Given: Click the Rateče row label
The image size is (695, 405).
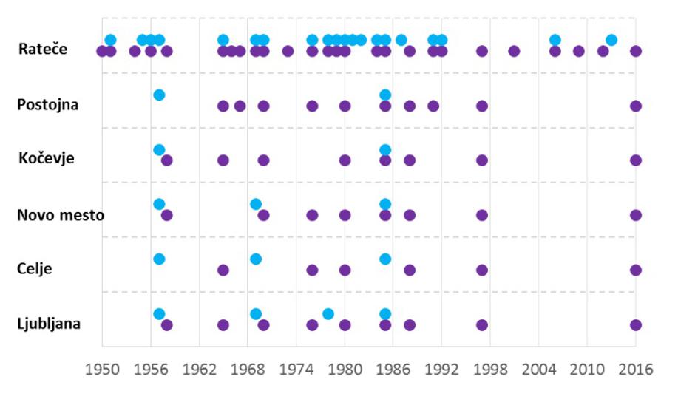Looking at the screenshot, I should pos(44,50).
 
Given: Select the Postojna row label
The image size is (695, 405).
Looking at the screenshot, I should pos(47,104).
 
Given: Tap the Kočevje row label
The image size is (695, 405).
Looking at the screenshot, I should pos(47,158).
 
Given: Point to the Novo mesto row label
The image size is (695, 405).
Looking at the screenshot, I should pos(61,215).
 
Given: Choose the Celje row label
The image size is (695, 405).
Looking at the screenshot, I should pos(34,268).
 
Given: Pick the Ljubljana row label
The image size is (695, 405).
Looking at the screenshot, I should pos(49,324).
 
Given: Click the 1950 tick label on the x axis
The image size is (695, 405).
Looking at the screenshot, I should pos(102,369).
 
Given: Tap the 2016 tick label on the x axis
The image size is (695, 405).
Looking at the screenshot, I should pos(636,369).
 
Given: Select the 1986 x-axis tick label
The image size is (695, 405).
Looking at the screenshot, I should pos(393,369).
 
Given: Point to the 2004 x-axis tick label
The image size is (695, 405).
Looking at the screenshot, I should pos(538,369).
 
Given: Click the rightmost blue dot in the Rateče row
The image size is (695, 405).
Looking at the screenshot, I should pos(611,40).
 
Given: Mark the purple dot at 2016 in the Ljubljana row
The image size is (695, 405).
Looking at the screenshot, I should pos(636,325).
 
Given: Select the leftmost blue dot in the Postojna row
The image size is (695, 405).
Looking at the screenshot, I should pos(159,95).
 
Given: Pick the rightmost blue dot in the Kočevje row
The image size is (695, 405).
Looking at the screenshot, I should pos(385,150).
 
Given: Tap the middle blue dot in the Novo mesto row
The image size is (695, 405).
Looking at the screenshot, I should pos(256,204).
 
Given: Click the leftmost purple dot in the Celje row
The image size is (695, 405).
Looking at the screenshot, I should pos(223,270).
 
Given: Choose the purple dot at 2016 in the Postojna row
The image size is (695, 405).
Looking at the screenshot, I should pos(636,106).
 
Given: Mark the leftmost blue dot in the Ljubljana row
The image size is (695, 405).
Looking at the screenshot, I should pos(159,314).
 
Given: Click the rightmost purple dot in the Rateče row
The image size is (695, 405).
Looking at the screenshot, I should pos(636,51).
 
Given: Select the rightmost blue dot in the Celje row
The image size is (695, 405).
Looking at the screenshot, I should pos(385,259).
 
